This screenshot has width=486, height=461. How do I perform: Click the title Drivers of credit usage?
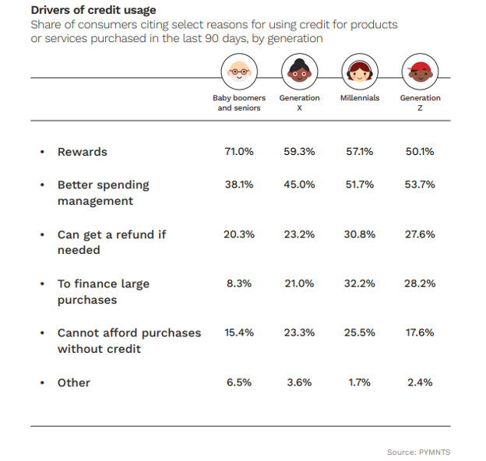coord(93,10)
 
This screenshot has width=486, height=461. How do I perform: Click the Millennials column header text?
coord(360,98)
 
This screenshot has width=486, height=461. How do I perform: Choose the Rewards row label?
coord(82,152)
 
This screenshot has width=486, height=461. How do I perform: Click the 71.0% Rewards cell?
coord(239,152)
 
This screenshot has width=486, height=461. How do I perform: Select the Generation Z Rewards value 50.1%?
coord(420,152)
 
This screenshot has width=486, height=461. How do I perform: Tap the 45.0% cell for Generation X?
coord(299,185)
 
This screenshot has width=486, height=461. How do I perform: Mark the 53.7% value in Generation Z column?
coord(420,185)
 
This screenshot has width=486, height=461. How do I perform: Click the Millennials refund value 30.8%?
coord(360,234)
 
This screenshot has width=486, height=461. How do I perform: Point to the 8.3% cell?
coord(239,284)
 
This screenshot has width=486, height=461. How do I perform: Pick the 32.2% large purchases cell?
coord(360,284)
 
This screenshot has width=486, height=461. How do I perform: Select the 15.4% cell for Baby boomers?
coord(239,333)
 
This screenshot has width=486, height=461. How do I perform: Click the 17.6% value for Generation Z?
coord(420,333)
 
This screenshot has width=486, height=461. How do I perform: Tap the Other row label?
coord(73,383)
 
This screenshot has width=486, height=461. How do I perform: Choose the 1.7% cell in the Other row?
coord(360,383)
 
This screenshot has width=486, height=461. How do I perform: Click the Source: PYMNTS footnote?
coord(418,452)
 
